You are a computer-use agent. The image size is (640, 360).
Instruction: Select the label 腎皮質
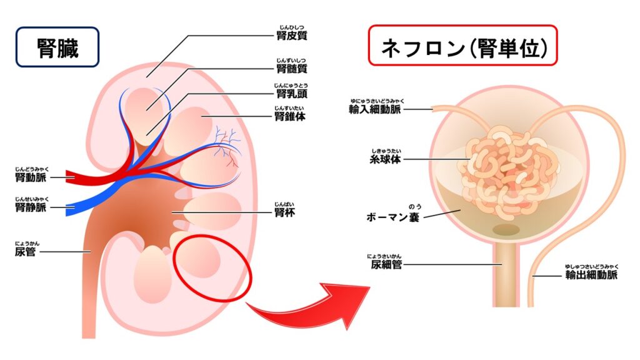tap(291, 35)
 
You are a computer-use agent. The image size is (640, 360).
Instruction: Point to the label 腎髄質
tap(291, 68)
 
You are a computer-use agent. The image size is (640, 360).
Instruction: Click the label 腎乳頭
tap(291, 94)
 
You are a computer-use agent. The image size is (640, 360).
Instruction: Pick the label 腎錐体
tap(290, 116)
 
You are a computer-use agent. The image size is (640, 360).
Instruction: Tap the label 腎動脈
tap(31, 177)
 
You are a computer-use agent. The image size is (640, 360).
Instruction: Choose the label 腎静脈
tap(31, 207)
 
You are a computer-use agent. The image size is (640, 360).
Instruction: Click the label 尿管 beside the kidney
tap(25, 251)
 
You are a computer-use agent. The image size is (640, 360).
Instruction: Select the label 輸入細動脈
tap(375, 109)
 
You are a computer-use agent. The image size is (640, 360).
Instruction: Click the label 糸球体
tap(385, 159)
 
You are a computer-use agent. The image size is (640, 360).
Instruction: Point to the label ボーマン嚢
tap(392, 217)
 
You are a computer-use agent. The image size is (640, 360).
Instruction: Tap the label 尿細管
tap(386, 264)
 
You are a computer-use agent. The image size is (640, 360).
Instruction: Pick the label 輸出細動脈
tap(591, 275)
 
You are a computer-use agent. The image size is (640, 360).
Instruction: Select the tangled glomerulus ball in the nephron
tap(509, 171)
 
